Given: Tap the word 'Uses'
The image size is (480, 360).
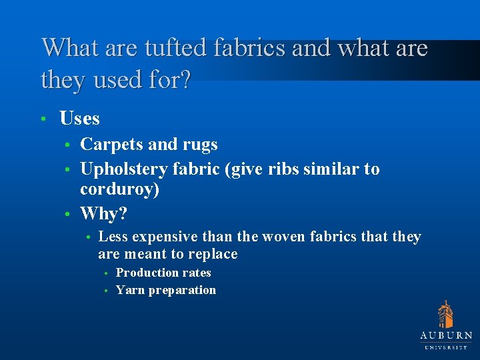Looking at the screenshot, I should pos(79,119).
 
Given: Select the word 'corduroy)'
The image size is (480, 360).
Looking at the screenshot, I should pos(119,190).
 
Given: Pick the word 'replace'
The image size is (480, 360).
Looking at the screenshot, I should pos(212,254).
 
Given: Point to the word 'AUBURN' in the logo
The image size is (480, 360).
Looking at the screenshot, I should pos(446,336).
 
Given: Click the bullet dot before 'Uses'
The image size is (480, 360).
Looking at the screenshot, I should pos(42,119).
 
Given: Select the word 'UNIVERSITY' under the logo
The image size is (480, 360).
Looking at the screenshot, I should pos(446,347).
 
